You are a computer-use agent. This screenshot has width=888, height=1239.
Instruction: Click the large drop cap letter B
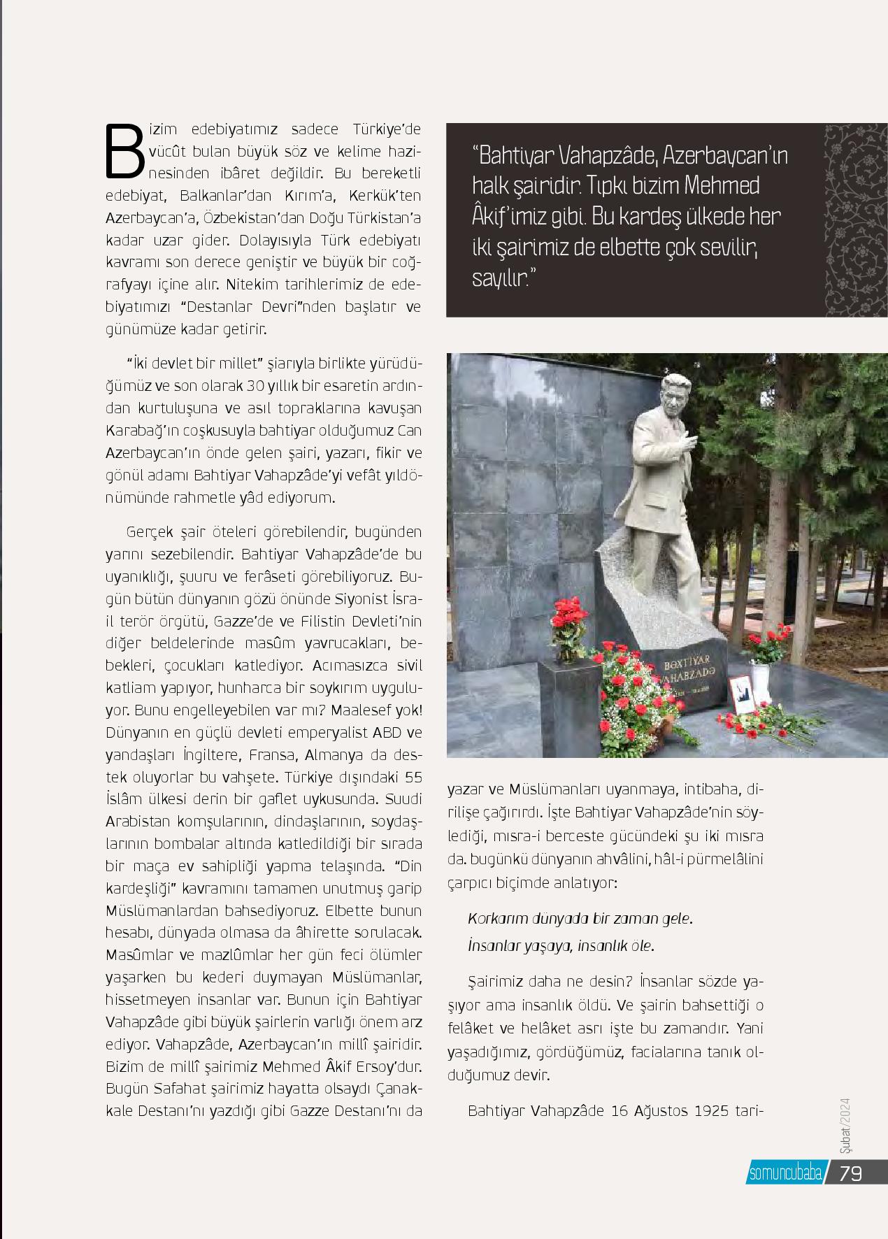(124, 150)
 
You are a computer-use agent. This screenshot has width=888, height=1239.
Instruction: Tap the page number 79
(850, 1173)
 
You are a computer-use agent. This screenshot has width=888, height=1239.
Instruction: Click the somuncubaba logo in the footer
(785, 1173)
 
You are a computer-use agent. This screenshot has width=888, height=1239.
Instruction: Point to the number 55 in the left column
(414, 777)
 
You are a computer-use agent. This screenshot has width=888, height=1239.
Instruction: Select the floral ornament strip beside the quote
(856, 221)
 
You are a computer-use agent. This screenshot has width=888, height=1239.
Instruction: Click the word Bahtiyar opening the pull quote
(519, 155)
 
